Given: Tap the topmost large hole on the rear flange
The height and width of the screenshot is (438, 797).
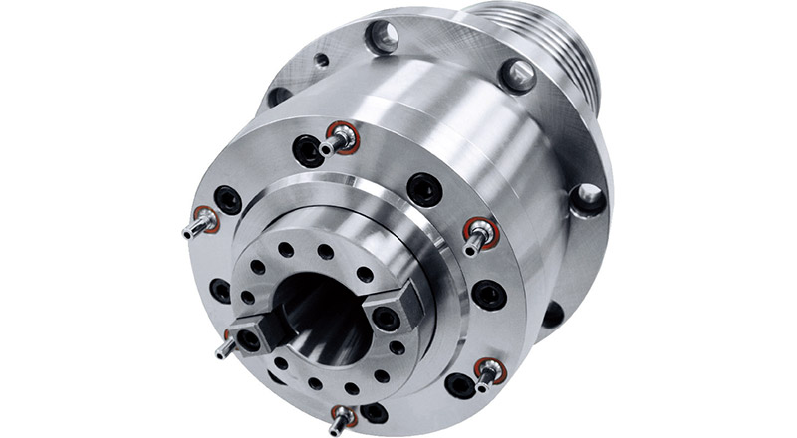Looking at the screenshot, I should pos(382,38).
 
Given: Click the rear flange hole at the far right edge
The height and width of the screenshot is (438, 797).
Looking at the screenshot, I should pos(588,197).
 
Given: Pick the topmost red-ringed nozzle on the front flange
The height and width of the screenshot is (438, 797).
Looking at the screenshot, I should pos(339,139).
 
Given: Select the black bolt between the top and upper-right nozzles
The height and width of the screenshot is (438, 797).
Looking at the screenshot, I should pos(423,186).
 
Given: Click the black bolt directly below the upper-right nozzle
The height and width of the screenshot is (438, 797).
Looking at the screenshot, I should pos(488,294).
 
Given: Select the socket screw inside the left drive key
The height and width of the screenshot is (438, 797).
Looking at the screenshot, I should pos(247,339).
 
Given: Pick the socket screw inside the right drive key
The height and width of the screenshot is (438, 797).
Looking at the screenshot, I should pos(384,319).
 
